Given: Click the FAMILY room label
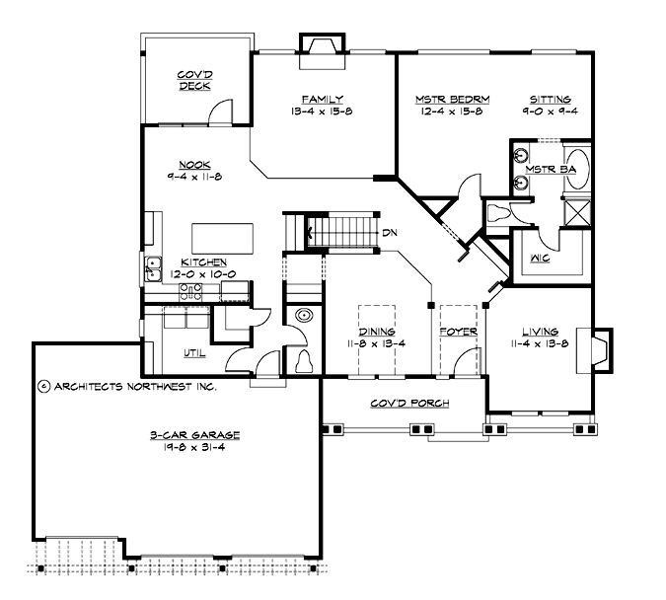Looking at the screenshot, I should [322, 99].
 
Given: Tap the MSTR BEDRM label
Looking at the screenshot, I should [449, 99].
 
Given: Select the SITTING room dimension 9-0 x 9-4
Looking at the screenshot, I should [551, 112].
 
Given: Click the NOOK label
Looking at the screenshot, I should [193, 164].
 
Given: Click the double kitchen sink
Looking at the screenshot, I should [153, 266].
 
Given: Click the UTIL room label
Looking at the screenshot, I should [192, 352].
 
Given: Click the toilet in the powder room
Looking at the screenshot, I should [304, 360].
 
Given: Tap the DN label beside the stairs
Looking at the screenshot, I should [390, 234].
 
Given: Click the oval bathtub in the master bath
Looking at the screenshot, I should [577, 169].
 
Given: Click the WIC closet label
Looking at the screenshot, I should [538, 259].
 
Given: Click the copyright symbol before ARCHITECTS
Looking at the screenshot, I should [44, 387].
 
